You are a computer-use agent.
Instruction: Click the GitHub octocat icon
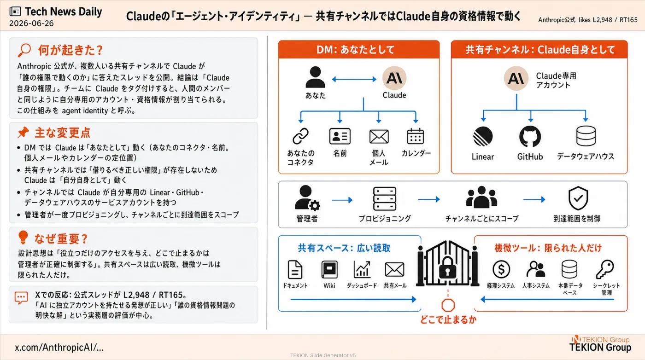(x=530, y=136)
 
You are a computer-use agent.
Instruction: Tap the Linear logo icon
(x=483, y=136)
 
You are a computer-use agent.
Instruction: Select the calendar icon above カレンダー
(x=415, y=136)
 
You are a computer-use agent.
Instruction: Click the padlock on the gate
(x=447, y=267)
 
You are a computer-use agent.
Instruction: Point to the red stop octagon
(x=448, y=305)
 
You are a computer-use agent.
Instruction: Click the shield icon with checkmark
(x=578, y=198)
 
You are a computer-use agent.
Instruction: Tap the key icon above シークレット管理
(x=605, y=269)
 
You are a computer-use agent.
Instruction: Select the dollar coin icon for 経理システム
(x=501, y=269)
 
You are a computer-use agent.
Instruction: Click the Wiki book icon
(x=329, y=270)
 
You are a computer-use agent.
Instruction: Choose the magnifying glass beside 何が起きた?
(x=24, y=50)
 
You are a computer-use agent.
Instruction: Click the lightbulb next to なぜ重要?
(x=23, y=238)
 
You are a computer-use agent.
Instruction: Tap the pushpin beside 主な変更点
(x=23, y=132)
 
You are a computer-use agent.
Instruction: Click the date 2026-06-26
(x=31, y=23)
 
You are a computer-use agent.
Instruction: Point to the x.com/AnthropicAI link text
(x=59, y=347)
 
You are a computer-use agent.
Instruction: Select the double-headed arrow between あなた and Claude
(x=354, y=79)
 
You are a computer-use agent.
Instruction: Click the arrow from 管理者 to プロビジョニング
(x=342, y=200)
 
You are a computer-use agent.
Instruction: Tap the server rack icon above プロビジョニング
(x=385, y=198)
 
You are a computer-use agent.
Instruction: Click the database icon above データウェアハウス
(x=586, y=136)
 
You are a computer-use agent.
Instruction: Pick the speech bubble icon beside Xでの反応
(x=21, y=298)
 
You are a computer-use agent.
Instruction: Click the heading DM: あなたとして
(x=355, y=50)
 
